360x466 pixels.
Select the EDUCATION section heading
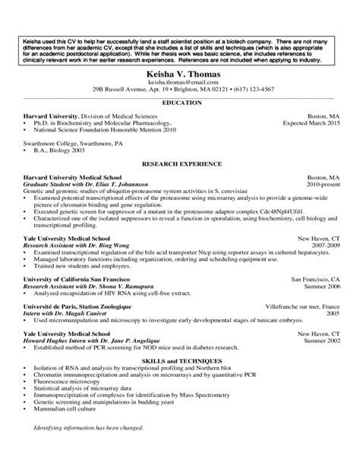180,102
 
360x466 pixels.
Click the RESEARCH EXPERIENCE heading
180,163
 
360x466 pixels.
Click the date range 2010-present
323,185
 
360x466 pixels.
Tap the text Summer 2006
321,287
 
